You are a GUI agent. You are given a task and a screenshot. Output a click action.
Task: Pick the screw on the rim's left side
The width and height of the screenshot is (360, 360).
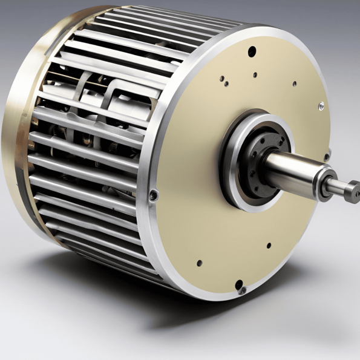click(x=154, y=195)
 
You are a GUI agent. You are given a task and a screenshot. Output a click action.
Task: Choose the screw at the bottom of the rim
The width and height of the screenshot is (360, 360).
click(x=242, y=289)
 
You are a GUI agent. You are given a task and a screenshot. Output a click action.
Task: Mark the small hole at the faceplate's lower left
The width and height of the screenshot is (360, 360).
click(x=198, y=263)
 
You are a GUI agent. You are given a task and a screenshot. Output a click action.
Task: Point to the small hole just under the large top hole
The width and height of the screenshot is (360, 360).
click(x=255, y=76)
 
